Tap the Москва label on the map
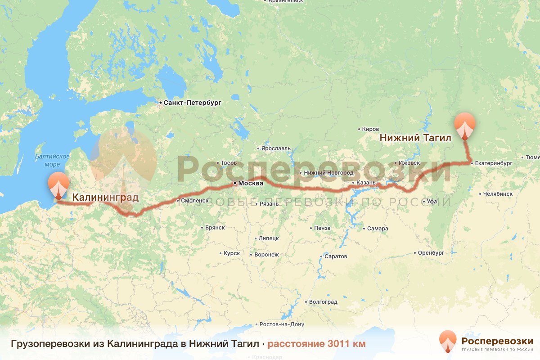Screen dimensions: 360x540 click(x=251, y=184)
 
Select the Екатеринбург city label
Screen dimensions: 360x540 click(x=494, y=163)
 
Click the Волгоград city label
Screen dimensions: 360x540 click(x=323, y=301)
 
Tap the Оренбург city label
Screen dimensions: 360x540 click(x=431, y=253)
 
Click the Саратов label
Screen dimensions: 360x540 click(x=335, y=256)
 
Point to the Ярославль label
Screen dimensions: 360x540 click(x=275, y=148)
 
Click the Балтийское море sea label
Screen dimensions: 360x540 click(x=53, y=160)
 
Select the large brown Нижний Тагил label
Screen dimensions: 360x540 click(x=415, y=138)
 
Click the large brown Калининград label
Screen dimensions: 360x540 click(x=105, y=197)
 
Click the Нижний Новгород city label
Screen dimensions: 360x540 click(x=328, y=173)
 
